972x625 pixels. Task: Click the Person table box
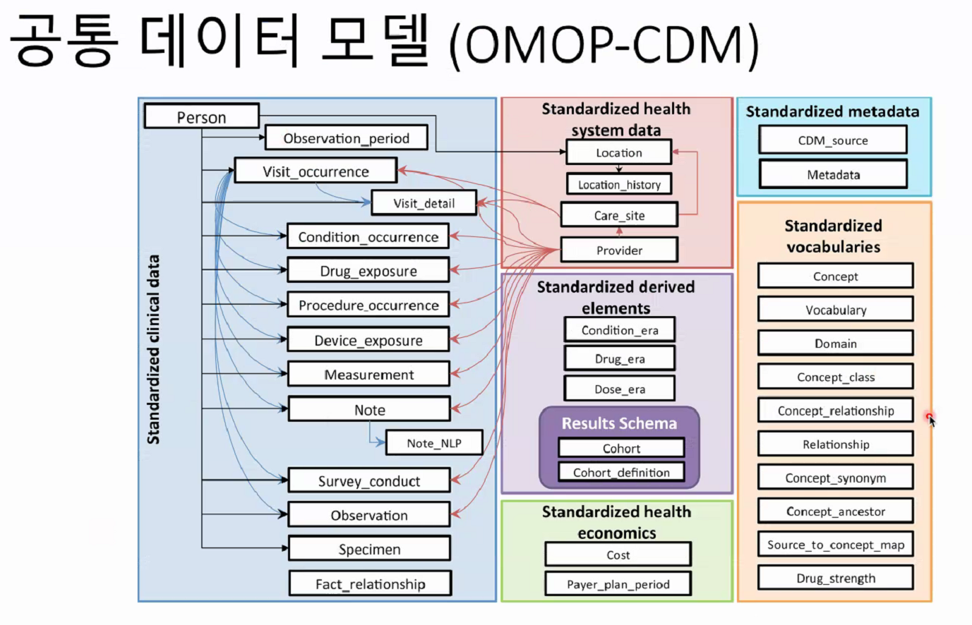201,116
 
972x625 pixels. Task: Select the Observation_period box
346,138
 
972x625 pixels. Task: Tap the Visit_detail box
424,203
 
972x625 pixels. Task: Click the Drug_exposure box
368,271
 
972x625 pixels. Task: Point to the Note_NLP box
433,443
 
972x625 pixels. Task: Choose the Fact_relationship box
370,584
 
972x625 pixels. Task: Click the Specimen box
369,549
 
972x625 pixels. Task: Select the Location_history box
619,185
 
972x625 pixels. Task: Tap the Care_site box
619,215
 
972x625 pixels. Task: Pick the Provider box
619,250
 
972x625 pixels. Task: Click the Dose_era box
619,389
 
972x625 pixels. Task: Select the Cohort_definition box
621,473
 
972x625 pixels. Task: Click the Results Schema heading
619,423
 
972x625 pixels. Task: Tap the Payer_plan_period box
618,584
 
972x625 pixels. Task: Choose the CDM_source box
833,140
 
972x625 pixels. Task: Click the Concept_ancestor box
835,511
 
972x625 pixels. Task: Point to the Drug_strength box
835,578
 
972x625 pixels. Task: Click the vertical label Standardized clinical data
153,349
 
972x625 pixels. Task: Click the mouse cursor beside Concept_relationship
931,420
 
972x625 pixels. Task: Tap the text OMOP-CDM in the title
604,44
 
